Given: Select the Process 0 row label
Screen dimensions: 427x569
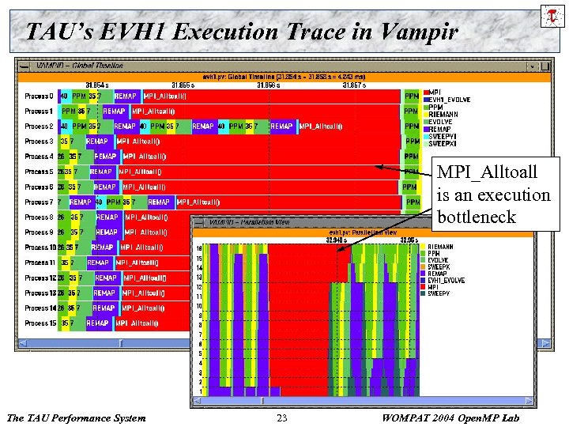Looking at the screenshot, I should (39, 96).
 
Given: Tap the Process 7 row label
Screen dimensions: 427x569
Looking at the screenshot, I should (39, 202).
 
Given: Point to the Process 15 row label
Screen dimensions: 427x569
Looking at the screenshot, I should (40, 323).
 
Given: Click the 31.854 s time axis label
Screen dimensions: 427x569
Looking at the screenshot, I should (96, 85).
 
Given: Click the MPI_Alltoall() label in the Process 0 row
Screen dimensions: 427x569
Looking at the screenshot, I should (165, 96).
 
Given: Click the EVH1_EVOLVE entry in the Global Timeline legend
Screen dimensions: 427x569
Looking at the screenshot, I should (449, 100).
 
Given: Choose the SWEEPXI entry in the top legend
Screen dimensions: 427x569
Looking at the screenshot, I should (443, 144).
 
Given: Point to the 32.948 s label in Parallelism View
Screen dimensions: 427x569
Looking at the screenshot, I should (339, 240).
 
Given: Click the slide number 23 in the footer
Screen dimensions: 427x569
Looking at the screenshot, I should (282, 418).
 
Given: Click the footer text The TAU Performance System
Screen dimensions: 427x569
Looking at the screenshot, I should (76, 418).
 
